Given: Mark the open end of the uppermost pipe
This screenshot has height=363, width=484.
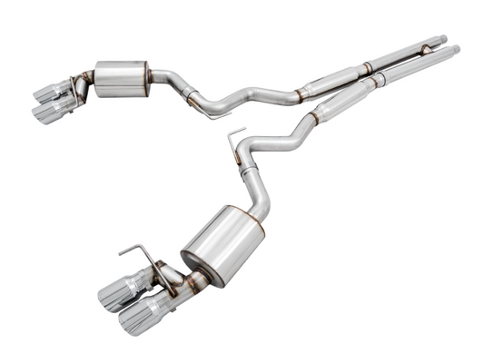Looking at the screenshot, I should point(442,38).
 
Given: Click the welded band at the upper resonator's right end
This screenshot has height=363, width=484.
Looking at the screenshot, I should point(364,66).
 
